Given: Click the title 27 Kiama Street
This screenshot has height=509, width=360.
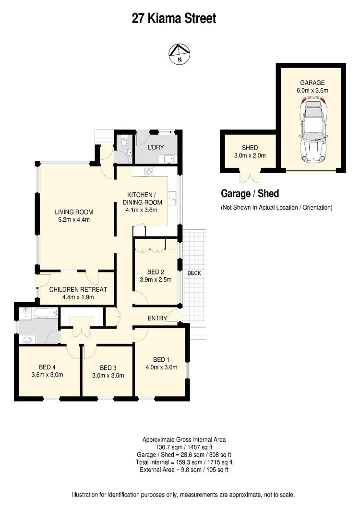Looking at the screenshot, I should [x=174, y=19].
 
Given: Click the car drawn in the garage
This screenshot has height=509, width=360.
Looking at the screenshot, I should [x=312, y=130].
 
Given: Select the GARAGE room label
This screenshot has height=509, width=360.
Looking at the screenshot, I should [x=312, y=83].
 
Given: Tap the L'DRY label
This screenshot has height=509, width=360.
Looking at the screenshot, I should [x=156, y=147].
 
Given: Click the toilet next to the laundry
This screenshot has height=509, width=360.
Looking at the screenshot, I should [x=124, y=143].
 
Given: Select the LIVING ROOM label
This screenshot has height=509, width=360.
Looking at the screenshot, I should [x=73, y=212].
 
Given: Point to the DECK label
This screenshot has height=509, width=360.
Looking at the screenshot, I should [x=194, y=273].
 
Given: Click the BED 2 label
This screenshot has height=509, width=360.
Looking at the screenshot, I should [x=156, y=272].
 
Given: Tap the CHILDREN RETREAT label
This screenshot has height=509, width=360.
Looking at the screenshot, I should [x=78, y=289].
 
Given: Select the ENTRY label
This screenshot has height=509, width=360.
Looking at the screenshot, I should [x=157, y=318].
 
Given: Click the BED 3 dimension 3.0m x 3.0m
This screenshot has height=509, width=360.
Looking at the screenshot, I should [x=108, y=375].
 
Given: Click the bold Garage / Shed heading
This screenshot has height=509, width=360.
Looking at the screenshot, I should [x=250, y=193].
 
